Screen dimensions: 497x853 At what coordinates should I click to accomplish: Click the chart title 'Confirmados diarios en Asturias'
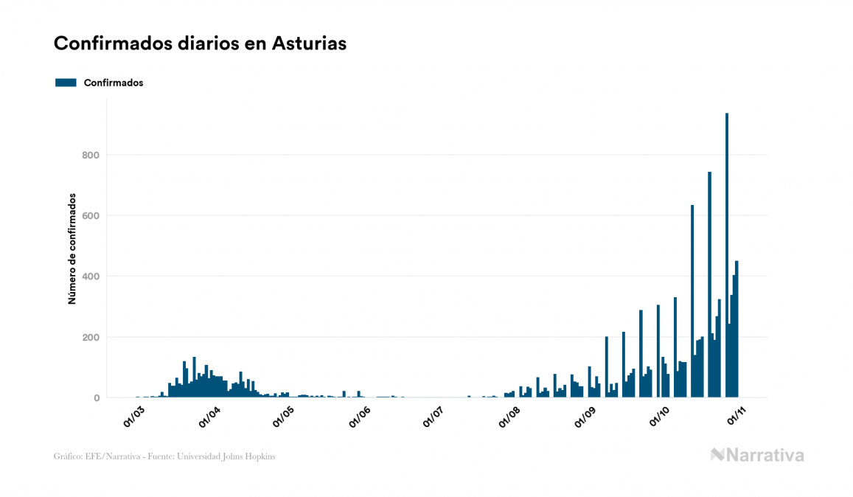[200, 44]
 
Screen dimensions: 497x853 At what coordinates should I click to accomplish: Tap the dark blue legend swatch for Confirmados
[66, 83]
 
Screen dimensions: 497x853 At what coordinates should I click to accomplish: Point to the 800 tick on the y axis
[90, 155]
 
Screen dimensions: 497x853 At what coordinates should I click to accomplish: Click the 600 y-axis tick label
[90, 215]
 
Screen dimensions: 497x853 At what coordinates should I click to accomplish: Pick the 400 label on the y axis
[90, 277]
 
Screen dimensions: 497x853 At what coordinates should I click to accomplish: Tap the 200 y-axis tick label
[90, 337]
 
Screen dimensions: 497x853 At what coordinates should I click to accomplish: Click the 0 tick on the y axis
[96, 398]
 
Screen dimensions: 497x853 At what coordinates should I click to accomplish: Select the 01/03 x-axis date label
[134, 417]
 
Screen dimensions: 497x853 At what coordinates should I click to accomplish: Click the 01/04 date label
[209, 417]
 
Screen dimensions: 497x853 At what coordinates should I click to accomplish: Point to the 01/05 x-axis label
[283, 417]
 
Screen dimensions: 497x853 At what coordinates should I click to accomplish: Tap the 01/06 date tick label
[359, 417]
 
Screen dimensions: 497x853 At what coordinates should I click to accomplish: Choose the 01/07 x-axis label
[433, 417]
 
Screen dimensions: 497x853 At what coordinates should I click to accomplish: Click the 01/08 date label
[509, 417]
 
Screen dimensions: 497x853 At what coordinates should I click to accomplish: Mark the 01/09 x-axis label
[584, 417]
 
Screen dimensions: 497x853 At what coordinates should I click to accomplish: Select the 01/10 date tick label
[658, 417]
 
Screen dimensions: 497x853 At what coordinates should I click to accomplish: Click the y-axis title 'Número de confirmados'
[72, 249]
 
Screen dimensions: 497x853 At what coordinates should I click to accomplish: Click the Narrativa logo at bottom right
[757, 455]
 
